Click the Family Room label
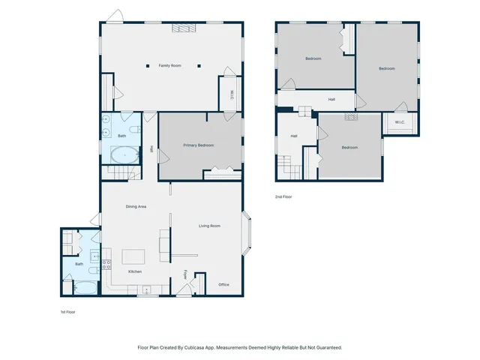[x=170, y=66]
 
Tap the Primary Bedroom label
[x=199, y=145]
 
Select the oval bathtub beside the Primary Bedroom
[x=124, y=155]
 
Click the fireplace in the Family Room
[x=182, y=28]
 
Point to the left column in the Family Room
[x=148, y=66]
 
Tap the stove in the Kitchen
[x=106, y=264]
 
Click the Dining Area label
[x=136, y=206]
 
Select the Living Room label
[x=209, y=226]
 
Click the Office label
[x=223, y=284]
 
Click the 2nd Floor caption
[x=283, y=196]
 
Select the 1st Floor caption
[x=69, y=311]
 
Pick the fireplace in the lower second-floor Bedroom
[x=350, y=117]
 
